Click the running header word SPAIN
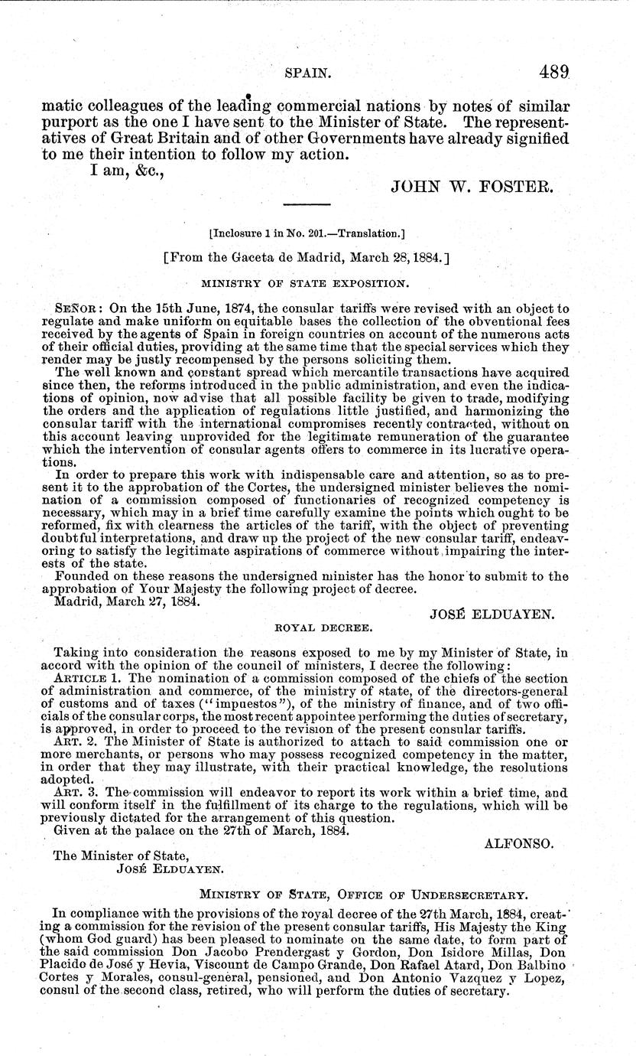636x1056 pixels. (x=307, y=74)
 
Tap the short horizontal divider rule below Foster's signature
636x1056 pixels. (x=307, y=205)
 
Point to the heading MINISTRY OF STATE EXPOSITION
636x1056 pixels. (x=307, y=284)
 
